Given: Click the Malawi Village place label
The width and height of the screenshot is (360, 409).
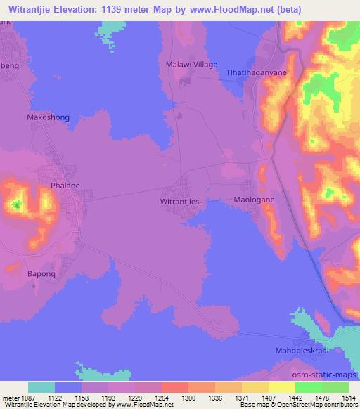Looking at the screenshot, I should (191, 64).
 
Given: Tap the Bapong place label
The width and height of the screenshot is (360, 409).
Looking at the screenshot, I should (40, 274).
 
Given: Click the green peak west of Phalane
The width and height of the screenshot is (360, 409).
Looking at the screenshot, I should (15, 205).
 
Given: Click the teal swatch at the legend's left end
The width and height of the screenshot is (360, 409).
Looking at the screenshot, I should (41, 387).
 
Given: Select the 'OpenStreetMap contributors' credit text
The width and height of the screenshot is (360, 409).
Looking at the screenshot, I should (319, 404).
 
